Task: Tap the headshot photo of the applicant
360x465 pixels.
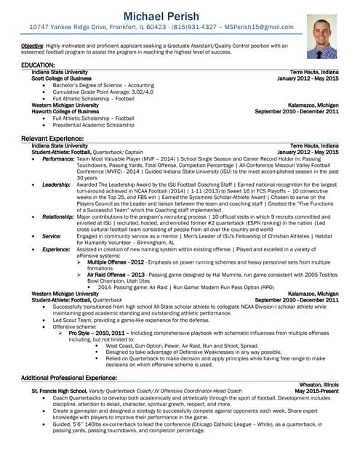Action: tap(321, 36)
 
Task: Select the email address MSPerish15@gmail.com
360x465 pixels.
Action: tap(258, 27)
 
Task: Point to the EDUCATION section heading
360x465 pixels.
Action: tap(39, 65)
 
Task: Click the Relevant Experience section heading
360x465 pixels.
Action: tap(52, 138)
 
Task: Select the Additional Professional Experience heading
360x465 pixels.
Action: tap(69, 378)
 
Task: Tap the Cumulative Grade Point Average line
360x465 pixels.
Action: tap(103, 92)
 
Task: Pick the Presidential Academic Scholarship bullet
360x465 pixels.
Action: tap(99, 124)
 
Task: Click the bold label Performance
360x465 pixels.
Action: tap(58, 158)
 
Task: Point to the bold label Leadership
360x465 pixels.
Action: tap(56, 185)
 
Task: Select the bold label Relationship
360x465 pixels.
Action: tap(58, 217)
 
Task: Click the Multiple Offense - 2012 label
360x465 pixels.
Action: tap(115, 261)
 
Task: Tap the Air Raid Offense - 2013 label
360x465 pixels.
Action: tap(115, 275)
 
